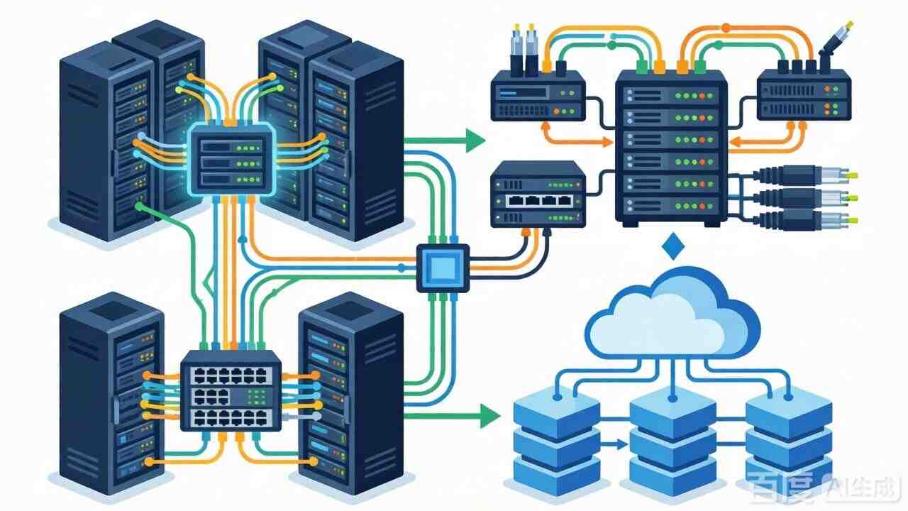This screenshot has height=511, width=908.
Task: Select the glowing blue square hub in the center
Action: click(x=443, y=268)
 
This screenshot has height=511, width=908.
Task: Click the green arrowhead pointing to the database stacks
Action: click(x=489, y=415)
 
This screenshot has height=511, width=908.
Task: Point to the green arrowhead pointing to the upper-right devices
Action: click(x=475, y=141)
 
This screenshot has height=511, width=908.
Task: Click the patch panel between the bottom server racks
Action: click(x=231, y=390)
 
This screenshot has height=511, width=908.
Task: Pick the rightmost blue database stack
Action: click(x=788, y=436)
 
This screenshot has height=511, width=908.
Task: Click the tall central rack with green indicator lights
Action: click(x=670, y=149)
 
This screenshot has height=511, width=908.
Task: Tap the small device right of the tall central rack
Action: click(x=803, y=94)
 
